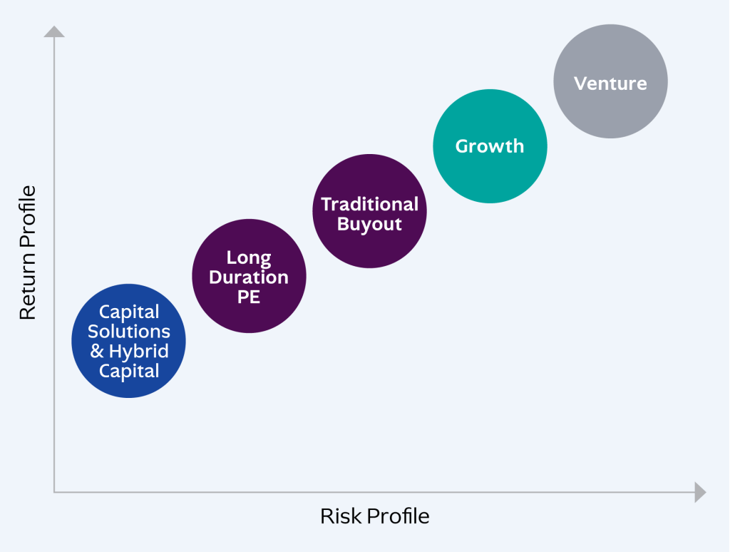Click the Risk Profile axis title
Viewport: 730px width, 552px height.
pyautogui.click(x=374, y=516)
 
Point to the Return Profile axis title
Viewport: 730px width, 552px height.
pyautogui.click(x=27, y=253)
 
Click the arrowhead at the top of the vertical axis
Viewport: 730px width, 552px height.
pyautogui.click(x=54, y=31)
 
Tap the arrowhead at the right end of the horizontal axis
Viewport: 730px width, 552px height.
pyautogui.click(x=699, y=492)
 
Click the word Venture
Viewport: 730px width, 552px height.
pyautogui.click(x=610, y=83)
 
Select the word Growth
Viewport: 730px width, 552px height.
pyautogui.click(x=490, y=146)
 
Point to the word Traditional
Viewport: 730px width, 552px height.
pyautogui.click(x=369, y=205)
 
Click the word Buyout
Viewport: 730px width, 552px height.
pyautogui.click(x=369, y=225)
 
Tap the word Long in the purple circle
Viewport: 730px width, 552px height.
pyautogui.click(x=249, y=257)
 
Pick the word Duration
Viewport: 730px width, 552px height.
pyautogui.click(x=249, y=277)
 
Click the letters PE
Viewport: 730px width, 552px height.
pyautogui.click(x=249, y=297)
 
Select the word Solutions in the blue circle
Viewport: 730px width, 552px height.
pyautogui.click(x=129, y=332)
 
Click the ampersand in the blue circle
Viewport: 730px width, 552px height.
pyautogui.click(x=97, y=352)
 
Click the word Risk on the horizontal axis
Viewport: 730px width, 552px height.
pyautogui.click(x=336, y=516)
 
